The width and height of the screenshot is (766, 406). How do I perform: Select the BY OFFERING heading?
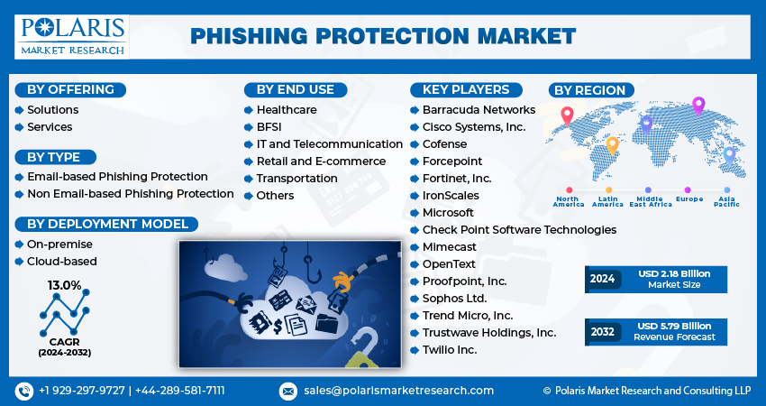tap(70, 89)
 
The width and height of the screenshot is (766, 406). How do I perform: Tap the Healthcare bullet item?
tap(286, 109)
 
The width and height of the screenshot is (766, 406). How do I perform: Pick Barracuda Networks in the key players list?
tap(479, 109)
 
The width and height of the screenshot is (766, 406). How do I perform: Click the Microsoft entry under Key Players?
tap(448, 212)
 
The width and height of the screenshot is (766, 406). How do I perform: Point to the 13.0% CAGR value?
tap(64, 285)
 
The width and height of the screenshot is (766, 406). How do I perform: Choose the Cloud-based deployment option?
tap(61, 261)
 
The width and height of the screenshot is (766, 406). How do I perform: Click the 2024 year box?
tap(602, 279)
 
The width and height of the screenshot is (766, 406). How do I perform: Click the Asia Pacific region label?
tap(726, 201)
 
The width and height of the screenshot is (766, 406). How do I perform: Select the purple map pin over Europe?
tap(698, 106)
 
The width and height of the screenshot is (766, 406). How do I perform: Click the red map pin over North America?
tap(567, 115)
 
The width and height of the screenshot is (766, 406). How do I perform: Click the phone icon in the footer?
tap(23, 391)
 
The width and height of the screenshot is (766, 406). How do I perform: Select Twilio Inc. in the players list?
tap(449, 349)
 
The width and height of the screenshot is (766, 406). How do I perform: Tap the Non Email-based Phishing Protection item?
tap(130, 193)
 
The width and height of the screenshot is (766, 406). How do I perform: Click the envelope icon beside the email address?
tap(287, 391)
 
